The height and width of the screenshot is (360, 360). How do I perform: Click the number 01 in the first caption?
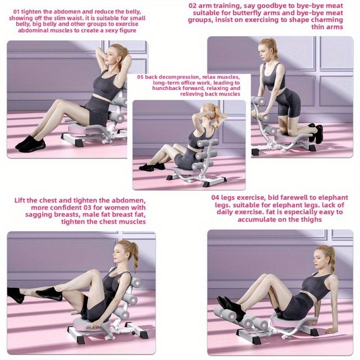(x=17, y=10)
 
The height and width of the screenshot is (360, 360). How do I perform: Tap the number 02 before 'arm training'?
(x=193, y=6)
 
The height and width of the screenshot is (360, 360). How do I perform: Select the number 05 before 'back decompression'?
(x=140, y=77)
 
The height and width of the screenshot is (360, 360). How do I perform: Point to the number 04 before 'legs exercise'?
(x=216, y=198)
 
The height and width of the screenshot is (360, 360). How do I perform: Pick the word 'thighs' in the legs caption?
(x=310, y=219)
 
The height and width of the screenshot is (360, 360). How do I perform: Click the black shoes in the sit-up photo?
(x=30, y=142)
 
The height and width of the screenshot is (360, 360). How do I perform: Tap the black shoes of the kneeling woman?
(x=315, y=132)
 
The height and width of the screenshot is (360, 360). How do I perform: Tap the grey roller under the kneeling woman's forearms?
(x=258, y=103)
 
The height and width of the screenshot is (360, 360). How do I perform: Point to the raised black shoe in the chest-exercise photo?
(x=49, y=294)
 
